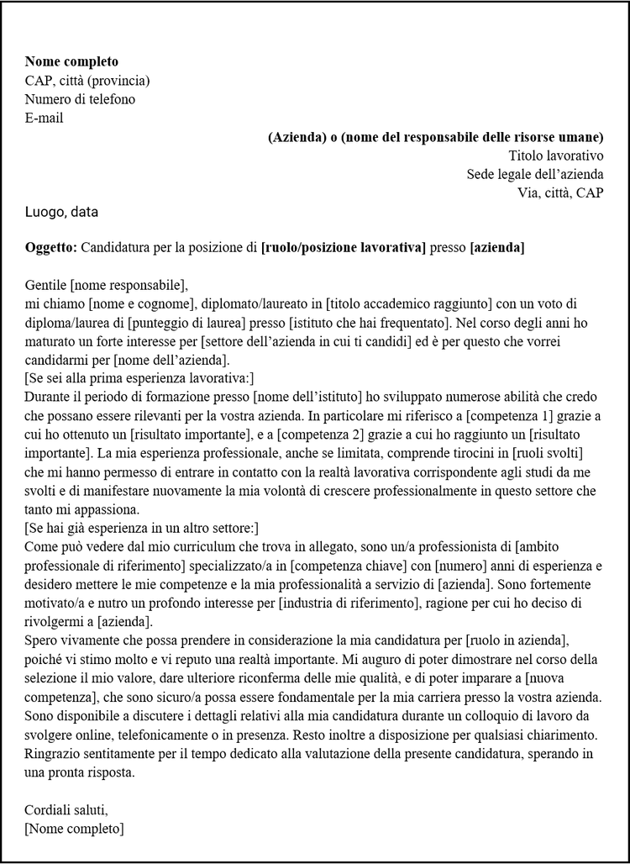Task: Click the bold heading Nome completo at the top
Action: click(x=71, y=61)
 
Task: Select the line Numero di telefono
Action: click(x=80, y=99)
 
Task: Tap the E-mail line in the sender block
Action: click(x=45, y=118)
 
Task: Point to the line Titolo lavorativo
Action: click(x=556, y=155)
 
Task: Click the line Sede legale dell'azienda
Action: click(x=535, y=174)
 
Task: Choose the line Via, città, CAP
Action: click(x=560, y=192)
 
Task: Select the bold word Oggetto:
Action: click(x=51, y=247)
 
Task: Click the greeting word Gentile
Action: click(x=46, y=285)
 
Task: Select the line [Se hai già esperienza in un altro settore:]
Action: click(x=142, y=528)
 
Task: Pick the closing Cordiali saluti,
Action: click(x=66, y=810)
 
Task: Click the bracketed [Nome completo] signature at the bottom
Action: click(x=74, y=829)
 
